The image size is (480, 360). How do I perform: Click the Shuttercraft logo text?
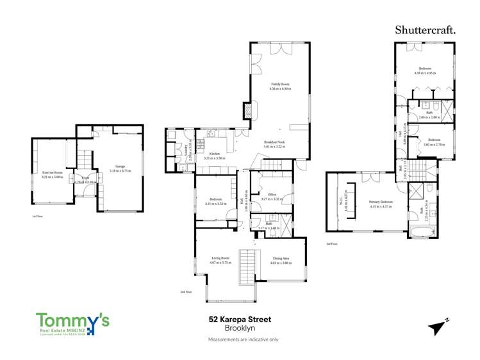click(425, 29)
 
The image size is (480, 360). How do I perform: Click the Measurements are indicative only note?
click(243, 339)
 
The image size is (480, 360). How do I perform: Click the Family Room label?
click(280, 84)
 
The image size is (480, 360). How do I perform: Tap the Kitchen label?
click(215, 154)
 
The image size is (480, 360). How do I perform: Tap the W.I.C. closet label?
click(345, 199)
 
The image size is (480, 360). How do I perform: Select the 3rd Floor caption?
click(331, 244)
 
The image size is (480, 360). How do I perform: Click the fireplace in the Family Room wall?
click(247, 111)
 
